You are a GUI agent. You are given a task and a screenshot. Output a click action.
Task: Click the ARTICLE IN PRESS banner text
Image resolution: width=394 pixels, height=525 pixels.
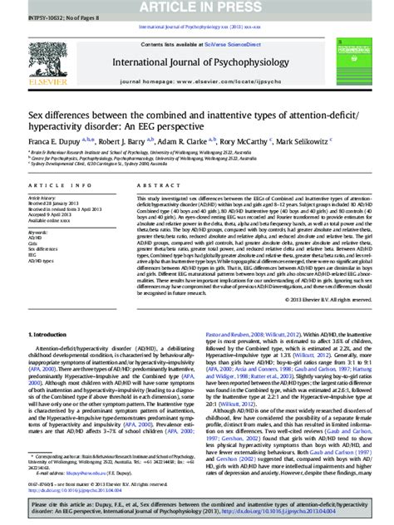pyautogui.click(x=196, y=7)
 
